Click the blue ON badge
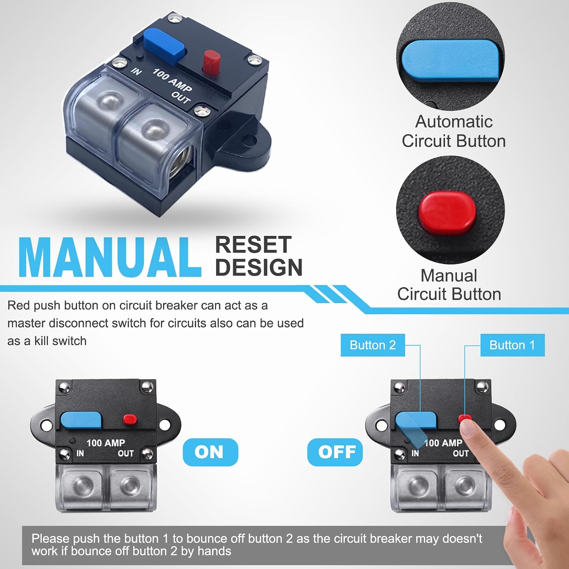pos(210,452)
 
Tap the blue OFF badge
pos(335,452)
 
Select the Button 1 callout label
pos(512,345)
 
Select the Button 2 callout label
pos(373,345)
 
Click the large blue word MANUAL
pos(110,258)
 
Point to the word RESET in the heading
pos(253,245)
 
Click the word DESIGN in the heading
pos(259,267)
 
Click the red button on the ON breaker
pos(130,419)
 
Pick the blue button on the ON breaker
pos(81,421)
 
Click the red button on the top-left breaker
pos(212,62)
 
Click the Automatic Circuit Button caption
pos(454,131)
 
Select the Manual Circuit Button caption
pos(449,285)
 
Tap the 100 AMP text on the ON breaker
pos(106,443)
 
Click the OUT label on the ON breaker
pos(126,453)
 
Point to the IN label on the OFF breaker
pos(415,453)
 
